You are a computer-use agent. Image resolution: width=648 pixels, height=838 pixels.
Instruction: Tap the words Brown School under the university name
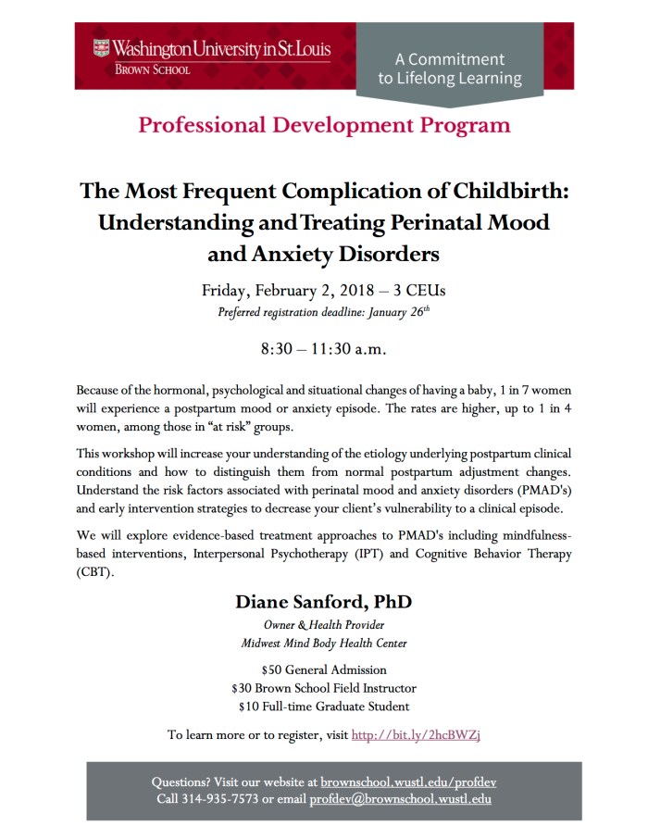pyautogui.click(x=152, y=69)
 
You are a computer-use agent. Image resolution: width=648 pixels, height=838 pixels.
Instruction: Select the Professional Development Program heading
pyautogui.click(x=324, y=125)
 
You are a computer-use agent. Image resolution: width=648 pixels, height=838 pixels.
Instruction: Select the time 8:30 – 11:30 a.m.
pyautogui.click(x=323, y=350)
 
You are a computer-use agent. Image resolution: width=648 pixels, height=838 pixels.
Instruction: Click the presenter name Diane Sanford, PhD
pyautogui.click(x=323, y=602)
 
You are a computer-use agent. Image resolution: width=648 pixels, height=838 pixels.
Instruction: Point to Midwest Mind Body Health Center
pyautogui.click(x=323, y=644)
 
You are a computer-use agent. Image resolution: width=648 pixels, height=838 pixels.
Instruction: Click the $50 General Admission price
pyautogui.click(x=323, y=669)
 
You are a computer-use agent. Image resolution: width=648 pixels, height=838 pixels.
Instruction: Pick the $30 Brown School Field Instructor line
pyautogui.click(x=323, y=688)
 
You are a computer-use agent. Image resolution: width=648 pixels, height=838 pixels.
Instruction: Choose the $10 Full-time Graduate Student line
pyautogui.click(x=323, y=707)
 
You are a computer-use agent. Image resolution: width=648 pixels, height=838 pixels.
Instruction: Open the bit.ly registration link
pyautogui.click(x=417, y=735)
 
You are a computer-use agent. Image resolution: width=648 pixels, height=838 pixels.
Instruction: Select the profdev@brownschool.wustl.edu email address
pyautogui.click(x=400, y=799)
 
